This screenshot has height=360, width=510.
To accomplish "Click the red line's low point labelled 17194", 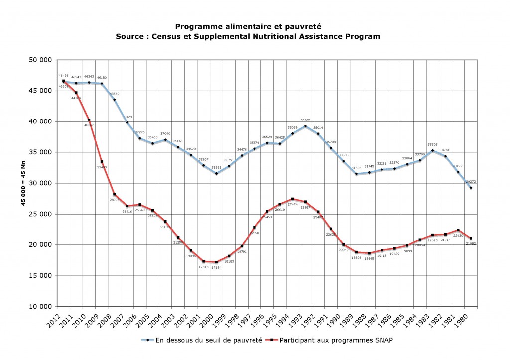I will [216, 262].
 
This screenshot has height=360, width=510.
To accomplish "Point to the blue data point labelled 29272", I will [471, 188].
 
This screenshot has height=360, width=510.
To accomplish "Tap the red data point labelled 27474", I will [292, 199].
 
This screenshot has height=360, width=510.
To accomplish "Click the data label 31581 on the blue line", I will [216, 167].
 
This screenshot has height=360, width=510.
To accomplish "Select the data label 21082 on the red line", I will [470, 243].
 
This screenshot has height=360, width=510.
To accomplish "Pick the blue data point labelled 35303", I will [432, 151].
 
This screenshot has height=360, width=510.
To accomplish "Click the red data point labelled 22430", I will [458, 230].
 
